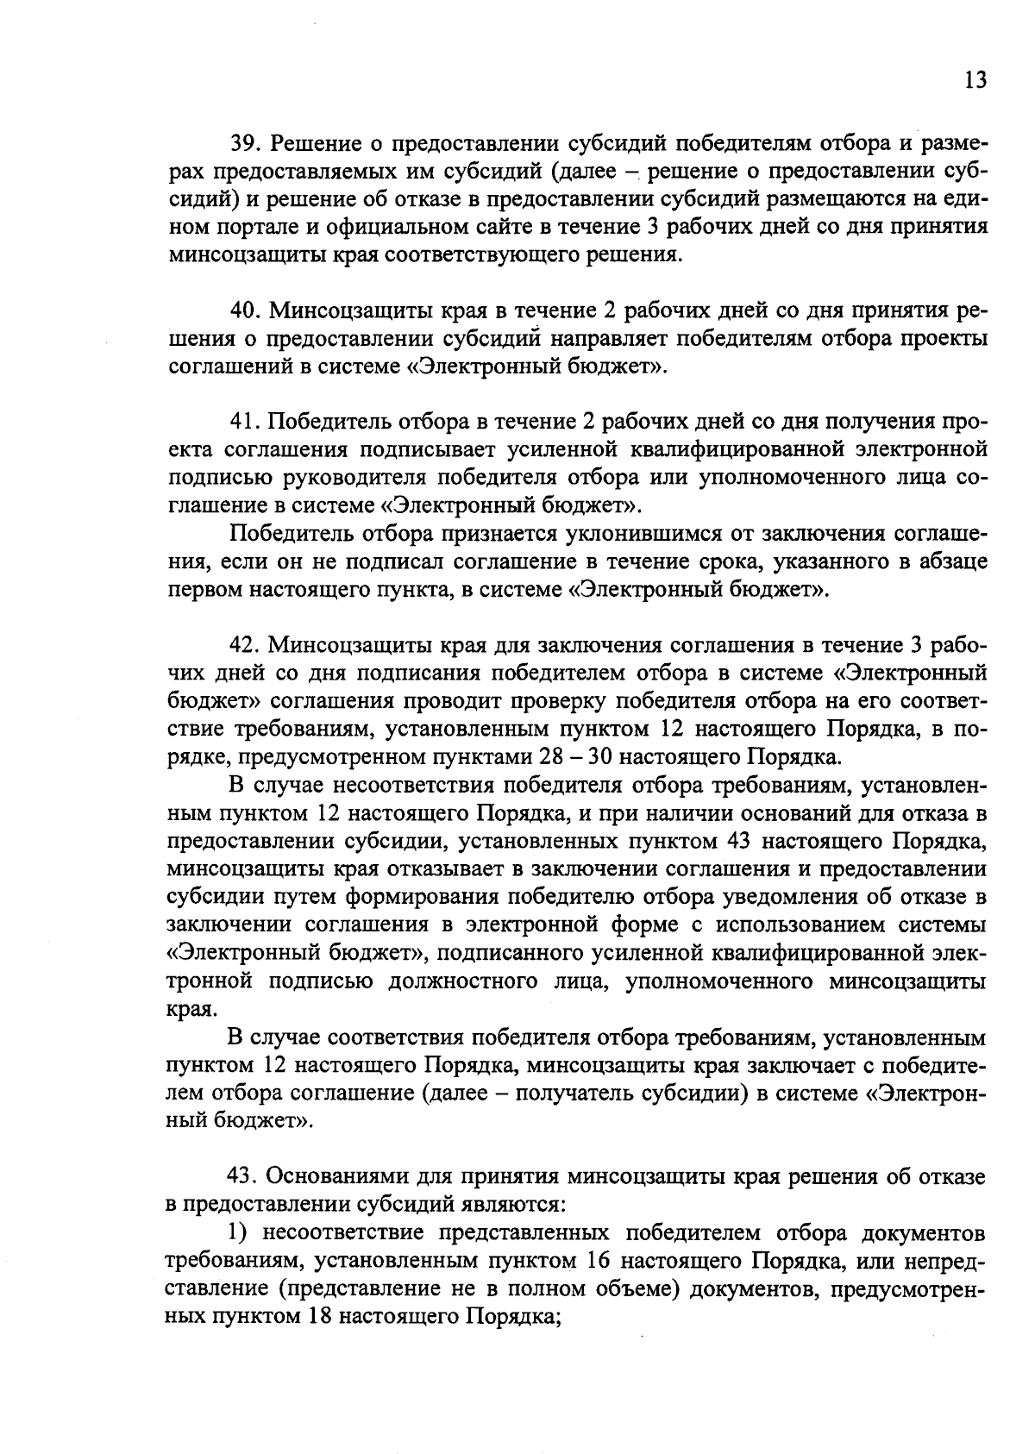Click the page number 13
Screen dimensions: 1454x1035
click(x=975, y=80)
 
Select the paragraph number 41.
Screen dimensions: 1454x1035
click(x=241, y=422)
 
